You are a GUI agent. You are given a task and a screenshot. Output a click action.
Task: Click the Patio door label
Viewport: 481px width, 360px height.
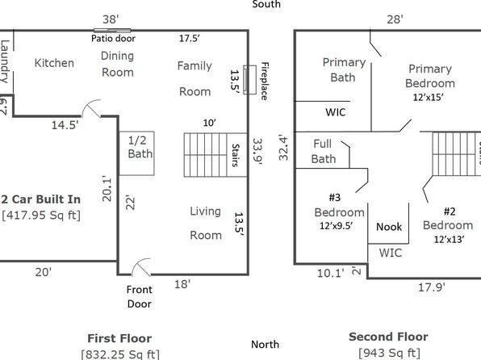click(113, 39)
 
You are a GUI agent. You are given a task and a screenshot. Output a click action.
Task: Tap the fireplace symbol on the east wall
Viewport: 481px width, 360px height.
click(249, 79)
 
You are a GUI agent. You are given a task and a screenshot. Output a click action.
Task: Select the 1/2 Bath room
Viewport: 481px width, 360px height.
click(136, 153)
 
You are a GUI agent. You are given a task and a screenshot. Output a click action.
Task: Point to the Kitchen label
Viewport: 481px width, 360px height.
click(54, 63)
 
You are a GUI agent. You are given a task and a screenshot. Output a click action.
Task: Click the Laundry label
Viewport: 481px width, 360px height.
click(5, 61)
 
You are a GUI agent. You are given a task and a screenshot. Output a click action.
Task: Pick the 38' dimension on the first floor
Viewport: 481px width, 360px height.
click(111, 19)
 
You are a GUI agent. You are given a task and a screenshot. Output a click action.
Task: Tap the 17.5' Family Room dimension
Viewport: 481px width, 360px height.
click(190, 39)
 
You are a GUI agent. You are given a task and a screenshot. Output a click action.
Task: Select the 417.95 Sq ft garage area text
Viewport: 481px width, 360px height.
click(41, 216)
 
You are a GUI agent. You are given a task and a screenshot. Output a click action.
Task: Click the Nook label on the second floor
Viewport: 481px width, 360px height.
click(389, 227)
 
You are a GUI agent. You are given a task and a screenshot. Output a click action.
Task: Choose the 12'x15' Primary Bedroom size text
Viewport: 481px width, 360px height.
click(428, 98)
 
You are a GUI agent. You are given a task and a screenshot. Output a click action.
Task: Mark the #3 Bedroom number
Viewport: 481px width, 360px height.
click(335, 197)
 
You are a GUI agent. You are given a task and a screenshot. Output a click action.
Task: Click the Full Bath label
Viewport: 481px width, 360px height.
click(324, 151)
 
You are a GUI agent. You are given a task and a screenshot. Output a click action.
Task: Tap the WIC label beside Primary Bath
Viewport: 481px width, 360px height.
click(336, 112)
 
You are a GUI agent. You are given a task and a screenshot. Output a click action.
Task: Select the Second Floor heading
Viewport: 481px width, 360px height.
click(388, 337)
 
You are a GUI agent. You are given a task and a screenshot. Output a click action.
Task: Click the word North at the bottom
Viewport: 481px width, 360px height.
click(265, 345)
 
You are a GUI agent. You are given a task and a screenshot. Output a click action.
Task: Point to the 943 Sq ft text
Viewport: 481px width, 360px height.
click(389, 353)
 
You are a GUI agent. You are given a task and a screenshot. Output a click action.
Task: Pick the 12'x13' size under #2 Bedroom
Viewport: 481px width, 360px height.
click(449, 240)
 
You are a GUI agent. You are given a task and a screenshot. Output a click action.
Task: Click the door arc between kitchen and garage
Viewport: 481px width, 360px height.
click(90, 105)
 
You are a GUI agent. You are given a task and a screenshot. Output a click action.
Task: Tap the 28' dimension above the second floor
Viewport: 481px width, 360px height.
click(395, 19)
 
